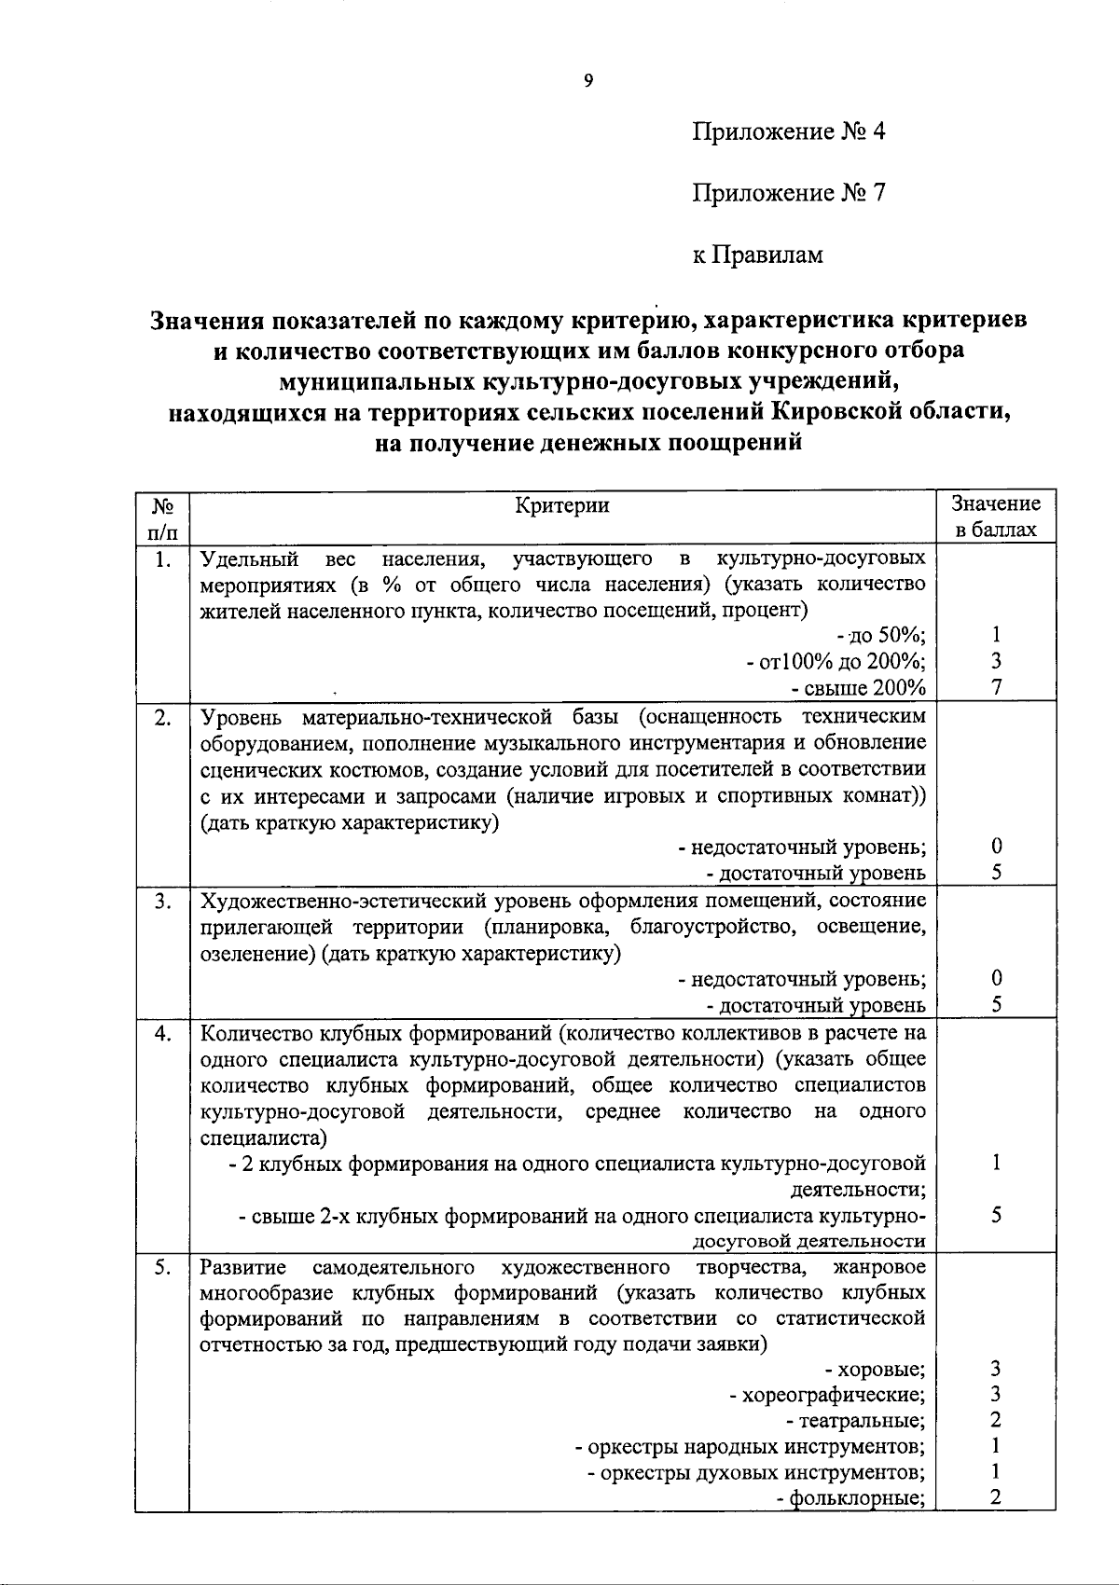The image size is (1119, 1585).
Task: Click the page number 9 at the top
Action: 587,80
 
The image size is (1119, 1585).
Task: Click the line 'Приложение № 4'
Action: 788,131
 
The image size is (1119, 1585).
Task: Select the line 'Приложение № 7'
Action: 788,193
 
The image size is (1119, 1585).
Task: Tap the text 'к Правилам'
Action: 757,254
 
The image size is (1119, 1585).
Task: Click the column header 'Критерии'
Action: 562,505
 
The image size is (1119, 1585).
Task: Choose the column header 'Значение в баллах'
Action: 995,517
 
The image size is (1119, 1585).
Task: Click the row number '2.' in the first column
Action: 163,717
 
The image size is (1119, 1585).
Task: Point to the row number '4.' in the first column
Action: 163,1033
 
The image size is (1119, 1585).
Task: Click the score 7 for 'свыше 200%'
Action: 996,687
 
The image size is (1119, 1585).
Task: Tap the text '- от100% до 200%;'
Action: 836,661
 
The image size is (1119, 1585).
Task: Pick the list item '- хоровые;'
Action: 876,1370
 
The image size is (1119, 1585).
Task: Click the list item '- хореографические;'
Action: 827,1395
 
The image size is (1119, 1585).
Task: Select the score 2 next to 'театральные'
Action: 996,1420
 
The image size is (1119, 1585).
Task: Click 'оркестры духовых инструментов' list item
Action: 756,1472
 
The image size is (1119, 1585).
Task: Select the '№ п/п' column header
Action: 163,518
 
